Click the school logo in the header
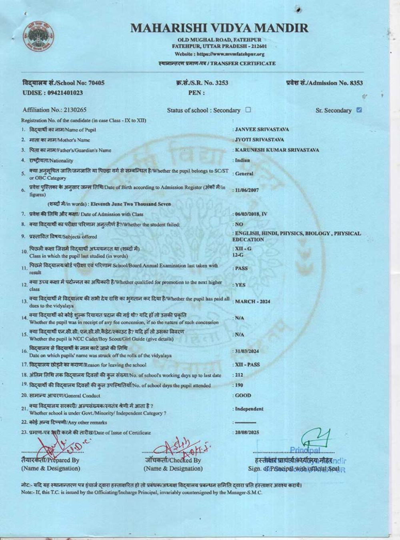(38, 36)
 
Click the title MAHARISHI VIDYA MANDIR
(219, 28)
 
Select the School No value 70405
(96, 83)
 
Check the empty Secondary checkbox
(248, 110)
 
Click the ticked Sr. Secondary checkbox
(359, 110)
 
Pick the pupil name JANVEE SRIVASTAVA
(262, 130)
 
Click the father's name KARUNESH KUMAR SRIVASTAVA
(277, 150)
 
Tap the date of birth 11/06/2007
(247, 190)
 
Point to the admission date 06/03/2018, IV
(251, 214)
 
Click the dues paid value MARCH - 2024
(252, 302)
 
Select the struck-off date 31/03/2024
(247, 351)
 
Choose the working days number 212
(239, 375)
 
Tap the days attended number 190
(239, 385)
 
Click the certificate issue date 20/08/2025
(247, 432)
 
